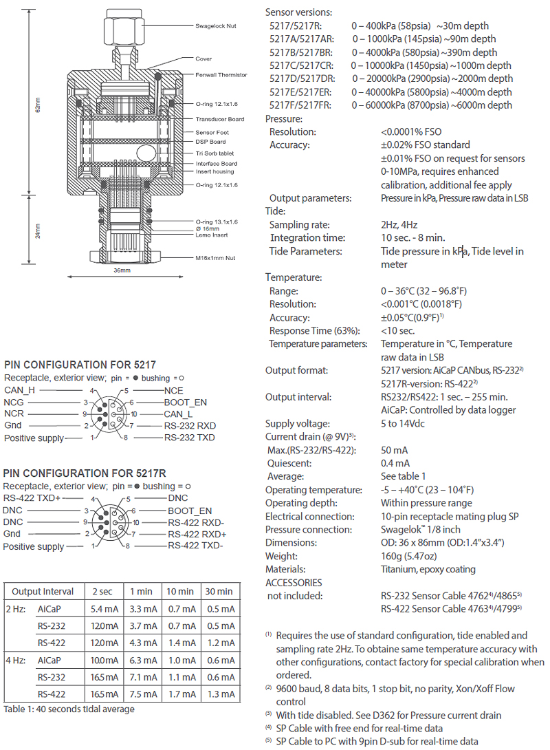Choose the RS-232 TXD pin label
pyautogui.click(x=190, y=438)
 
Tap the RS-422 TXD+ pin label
pyautogui.click(x=32, y=498)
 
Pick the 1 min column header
pyautogui.click(x=141, y=591)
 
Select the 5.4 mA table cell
pyautogui.click(x=102, y=609)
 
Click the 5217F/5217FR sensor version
pyautogui.click(x=302, y=105)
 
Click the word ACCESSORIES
pyautogui.click(x=295, y=582)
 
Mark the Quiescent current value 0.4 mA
pyautogui.click(x=396, y=463)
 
